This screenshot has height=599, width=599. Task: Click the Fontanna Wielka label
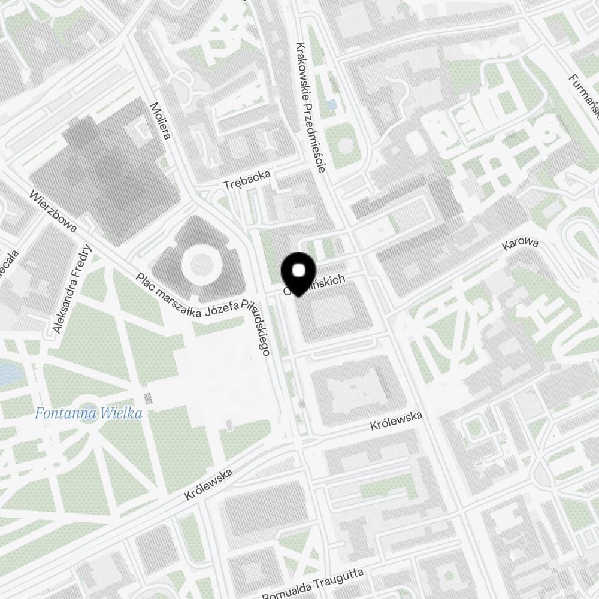[x=88, y=413]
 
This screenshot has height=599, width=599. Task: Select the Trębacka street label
[x=247, y=180]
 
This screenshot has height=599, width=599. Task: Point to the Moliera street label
[x=161, y=120]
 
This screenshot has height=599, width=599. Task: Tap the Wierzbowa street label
[x=53, y=211]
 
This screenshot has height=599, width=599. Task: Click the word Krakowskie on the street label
[x=304, y=68]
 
